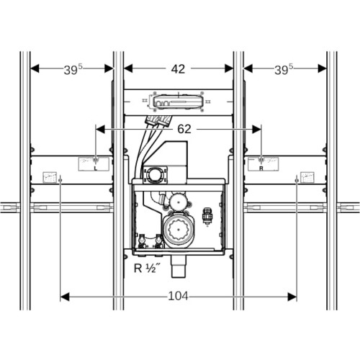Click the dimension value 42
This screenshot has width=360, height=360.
(178, 69)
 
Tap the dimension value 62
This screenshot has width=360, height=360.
(184, 130)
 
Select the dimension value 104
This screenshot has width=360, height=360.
(178, 296)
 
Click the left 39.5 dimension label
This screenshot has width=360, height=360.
(73, 70)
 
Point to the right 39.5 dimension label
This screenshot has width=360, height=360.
(284, 70)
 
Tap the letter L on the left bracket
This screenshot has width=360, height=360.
(96, 168)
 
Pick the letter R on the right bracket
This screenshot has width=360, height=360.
(261, 168)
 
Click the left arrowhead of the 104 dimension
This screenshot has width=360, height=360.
(65, 297)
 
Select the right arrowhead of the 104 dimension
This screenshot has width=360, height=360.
(292, 297)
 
